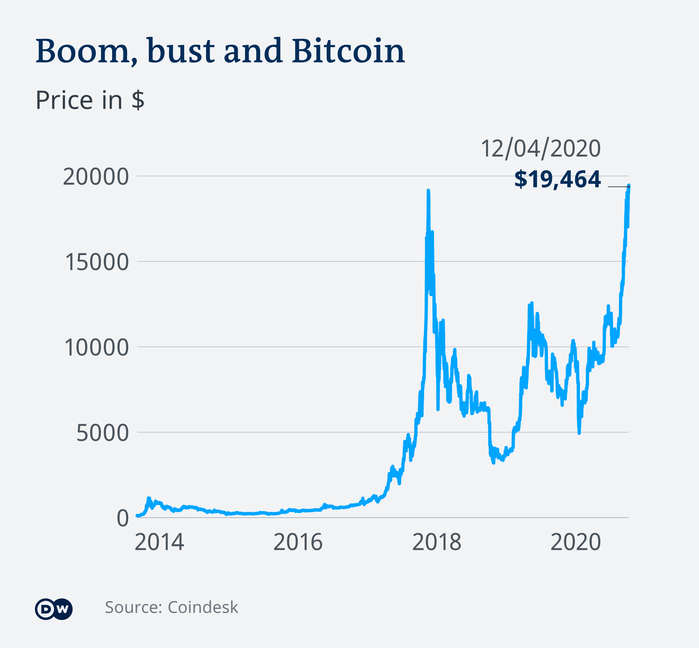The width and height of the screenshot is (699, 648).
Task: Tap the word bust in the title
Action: click(x=181, y=51)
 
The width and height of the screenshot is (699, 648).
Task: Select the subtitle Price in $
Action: click(x=90, y=100)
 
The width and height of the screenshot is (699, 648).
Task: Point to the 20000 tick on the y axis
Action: click(x=96, y=177)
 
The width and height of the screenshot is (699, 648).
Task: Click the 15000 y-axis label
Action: click(x=96, y=262)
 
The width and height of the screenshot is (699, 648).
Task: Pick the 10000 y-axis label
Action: click(x=96, y=347)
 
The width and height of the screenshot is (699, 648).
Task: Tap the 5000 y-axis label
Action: click(x=102, y=433)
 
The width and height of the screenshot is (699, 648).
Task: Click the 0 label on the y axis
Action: click(x=123, y=518)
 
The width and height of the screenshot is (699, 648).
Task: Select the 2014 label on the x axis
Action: click(x=159, y=542)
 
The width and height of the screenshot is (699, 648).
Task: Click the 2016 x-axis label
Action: click(x=298, y=542)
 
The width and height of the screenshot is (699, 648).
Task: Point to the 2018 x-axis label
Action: click(x=437, y=542)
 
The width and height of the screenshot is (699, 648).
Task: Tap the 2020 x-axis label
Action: click(x=575, y=542)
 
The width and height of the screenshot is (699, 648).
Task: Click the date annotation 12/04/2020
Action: click(x=540, y=148)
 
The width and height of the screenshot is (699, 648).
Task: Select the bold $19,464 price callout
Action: click(x=557, y=179)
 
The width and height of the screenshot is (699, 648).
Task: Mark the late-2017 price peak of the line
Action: click(x=428, y=191)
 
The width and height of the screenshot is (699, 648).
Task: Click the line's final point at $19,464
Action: click(x=629, y=186)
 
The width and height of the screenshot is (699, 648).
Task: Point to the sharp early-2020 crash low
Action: click(x=579, y=433)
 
